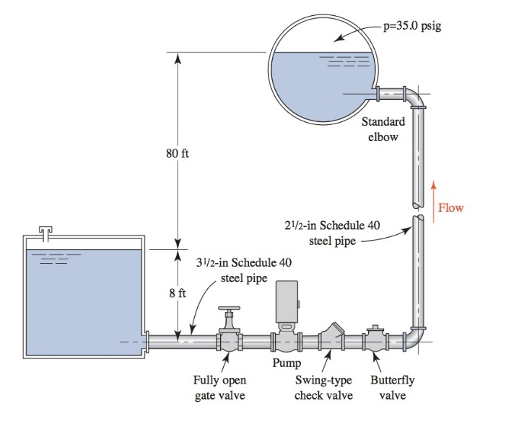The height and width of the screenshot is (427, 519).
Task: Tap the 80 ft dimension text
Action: point(177,153)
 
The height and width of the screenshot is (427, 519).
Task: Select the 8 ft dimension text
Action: point(178,293)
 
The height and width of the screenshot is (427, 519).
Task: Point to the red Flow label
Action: point(451,208)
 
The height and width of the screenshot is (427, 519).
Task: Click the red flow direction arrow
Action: point(434,190)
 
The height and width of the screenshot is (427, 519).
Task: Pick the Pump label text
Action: point(286,363)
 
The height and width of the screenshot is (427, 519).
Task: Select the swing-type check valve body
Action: point(330,337)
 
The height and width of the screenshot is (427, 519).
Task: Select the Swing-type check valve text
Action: point(323,388)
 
